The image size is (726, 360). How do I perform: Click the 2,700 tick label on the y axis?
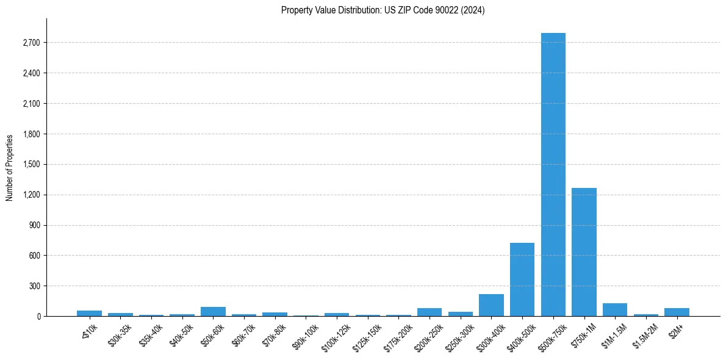point(31,43)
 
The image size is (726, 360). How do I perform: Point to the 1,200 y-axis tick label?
point(31,195)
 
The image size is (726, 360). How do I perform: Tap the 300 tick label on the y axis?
point(34,286)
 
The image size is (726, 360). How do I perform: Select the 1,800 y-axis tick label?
point(31,134)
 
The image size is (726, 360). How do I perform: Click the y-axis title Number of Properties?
point(10,168)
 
